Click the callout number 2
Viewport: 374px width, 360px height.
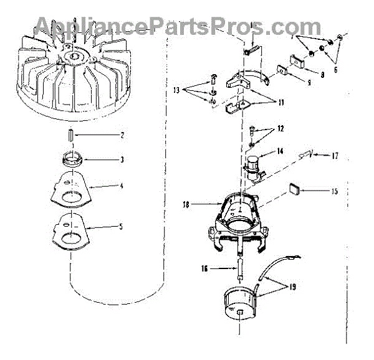click(123, 135)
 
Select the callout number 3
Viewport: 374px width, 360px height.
click(122, 159)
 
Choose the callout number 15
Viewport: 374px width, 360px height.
click(335, 191)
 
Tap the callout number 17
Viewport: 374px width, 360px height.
click(335, 155)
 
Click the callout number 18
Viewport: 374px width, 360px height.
click(186, 204)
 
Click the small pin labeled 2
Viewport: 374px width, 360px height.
click(70, 135)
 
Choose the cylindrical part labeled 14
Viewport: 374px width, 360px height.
click(254, 163)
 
